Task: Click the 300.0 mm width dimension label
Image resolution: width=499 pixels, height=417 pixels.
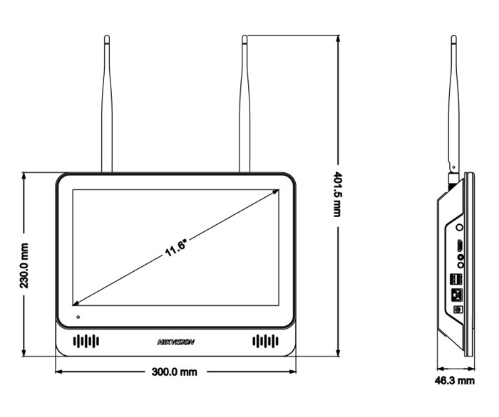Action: [x=174, y=372]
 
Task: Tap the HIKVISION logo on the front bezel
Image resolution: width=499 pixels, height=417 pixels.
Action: [x=175, y=342]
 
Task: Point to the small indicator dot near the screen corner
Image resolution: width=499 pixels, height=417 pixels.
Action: [x=78, y=315]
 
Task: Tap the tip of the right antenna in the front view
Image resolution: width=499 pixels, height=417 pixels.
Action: [x=245, y=37]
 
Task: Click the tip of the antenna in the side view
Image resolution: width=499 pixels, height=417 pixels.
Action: [x=453, y=37]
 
